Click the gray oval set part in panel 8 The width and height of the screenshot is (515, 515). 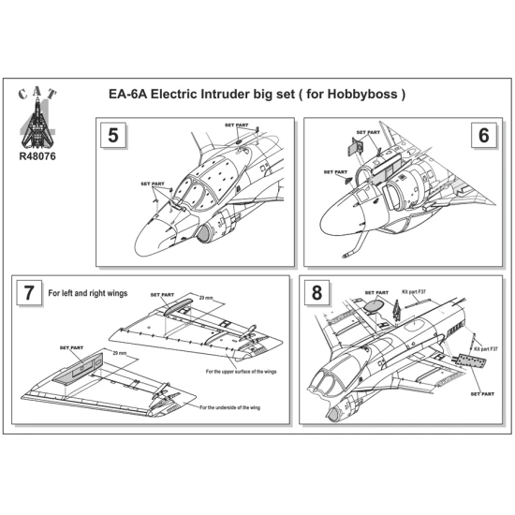click(373, 303)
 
